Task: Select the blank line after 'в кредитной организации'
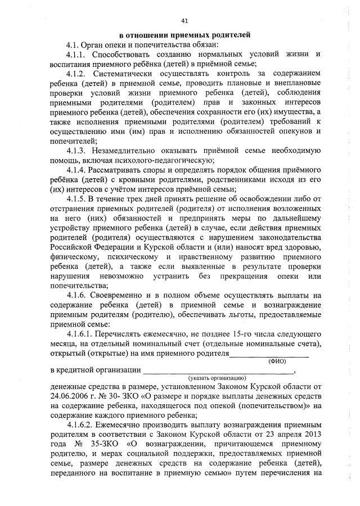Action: (218, 371)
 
